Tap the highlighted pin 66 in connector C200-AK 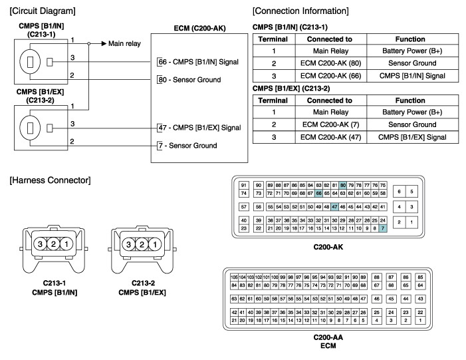point(318,193)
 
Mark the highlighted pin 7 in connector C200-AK point(382,228)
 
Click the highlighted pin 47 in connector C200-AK point(334,208)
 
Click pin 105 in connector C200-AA point(234,276)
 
